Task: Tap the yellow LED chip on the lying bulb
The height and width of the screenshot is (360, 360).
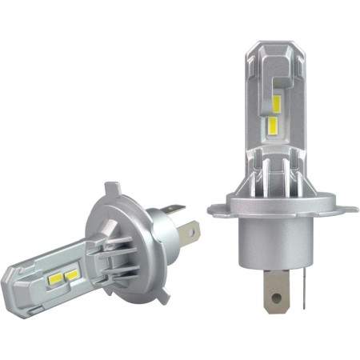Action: point(71,274)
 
